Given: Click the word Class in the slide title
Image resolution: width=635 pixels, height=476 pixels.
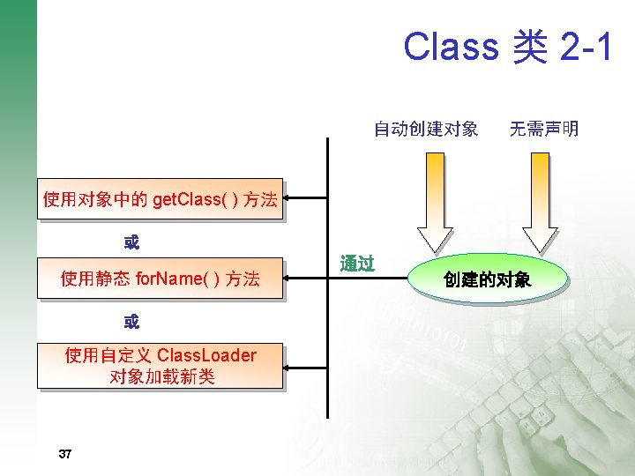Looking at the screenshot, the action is point(451,46).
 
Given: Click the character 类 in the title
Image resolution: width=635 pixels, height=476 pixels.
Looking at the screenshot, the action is point(528,46).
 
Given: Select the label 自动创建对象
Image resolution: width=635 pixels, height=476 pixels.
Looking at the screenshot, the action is point(426,130).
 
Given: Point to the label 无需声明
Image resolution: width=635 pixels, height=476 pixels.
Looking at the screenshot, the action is point(544,130).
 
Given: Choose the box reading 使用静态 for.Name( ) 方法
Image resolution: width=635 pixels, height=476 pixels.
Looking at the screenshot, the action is point(160,279).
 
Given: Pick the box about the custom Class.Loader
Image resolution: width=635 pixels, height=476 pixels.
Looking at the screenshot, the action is point(160,366).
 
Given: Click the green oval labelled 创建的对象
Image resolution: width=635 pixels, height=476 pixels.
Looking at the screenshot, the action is point(487,280).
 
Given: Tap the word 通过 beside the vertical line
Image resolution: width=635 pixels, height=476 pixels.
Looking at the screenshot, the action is point(357,264).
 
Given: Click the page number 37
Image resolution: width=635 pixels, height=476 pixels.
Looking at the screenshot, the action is point(64,454).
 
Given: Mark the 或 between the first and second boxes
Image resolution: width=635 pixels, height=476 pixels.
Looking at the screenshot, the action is point(131,241).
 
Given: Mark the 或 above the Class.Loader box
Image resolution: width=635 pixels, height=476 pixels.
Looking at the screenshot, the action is point(131,322).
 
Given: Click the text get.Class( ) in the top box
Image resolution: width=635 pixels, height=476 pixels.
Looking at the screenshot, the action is point(195,200).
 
